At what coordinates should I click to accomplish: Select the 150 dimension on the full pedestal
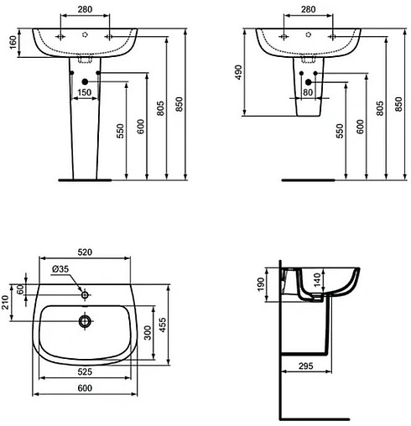(85, 91)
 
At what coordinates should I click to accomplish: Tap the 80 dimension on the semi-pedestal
(309, 92)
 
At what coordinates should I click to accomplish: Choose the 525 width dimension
(84, 371)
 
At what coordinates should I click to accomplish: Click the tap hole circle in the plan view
(84, 295)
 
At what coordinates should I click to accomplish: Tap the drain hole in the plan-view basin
(84, 320)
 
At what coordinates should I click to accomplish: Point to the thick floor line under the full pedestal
(84, 179)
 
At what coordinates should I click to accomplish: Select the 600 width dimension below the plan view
(84, 388)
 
